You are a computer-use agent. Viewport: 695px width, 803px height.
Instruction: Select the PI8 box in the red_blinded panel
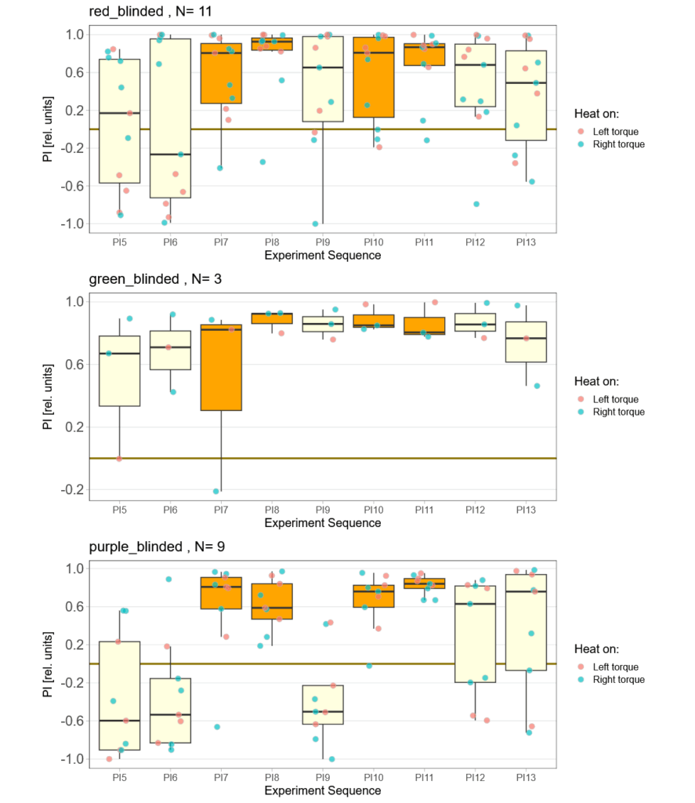[x=272, y=44]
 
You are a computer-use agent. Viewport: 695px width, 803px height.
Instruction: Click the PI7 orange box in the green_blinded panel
[x=221, y=367]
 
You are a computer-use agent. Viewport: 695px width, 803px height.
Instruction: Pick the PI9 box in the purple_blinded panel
[x=323, y=704]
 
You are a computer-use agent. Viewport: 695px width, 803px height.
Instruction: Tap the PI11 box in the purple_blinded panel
[x=424, y=583]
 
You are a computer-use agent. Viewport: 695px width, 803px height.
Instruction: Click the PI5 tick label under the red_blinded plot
[x=119, y=243]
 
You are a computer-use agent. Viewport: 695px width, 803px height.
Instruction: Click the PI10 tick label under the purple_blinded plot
[x=373, y=777]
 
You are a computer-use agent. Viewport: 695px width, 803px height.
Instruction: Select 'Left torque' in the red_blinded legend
[x=615, y=132]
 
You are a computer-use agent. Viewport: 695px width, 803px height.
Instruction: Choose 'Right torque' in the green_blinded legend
[x=618, y=412]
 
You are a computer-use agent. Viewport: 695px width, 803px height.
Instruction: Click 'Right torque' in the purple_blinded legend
[x=618, y=680]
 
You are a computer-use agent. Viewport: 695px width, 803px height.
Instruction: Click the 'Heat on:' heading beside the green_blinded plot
[x=596, y=381]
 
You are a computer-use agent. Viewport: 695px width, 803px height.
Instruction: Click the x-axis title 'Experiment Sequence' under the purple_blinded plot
[x=323, y=790]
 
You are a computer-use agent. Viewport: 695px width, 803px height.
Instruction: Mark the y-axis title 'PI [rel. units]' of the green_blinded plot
[x=49, y=395]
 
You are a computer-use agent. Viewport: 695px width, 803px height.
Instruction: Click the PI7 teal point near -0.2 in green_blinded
[x=215, y=491]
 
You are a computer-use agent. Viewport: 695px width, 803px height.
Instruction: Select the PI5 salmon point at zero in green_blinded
[x=119, y=459]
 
